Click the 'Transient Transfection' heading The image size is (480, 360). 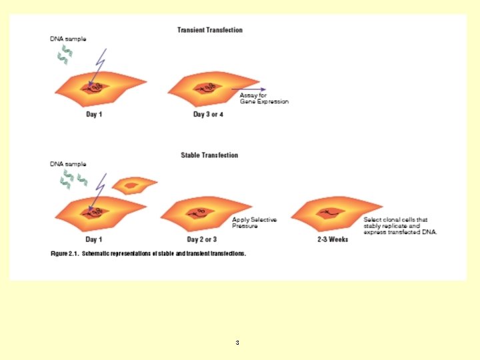[x=209, y=30]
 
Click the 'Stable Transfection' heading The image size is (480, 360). [x=209, y=155]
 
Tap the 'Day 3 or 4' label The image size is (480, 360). [x=209, y=115]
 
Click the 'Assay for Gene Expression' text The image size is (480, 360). [x=264, y=99]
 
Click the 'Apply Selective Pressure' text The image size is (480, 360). [x=254, y=223]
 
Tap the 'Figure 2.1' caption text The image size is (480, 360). [x=149, y=254]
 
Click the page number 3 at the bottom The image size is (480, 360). [x=237, y=343]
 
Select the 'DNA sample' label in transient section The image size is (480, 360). [x=68, y=39]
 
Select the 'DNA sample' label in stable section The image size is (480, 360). [x=68, y=163]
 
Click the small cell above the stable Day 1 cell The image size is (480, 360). [x=134, y=185]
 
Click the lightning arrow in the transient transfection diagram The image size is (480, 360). [x=96, y=66]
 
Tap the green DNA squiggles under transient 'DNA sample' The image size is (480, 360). [x=63, y=57]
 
